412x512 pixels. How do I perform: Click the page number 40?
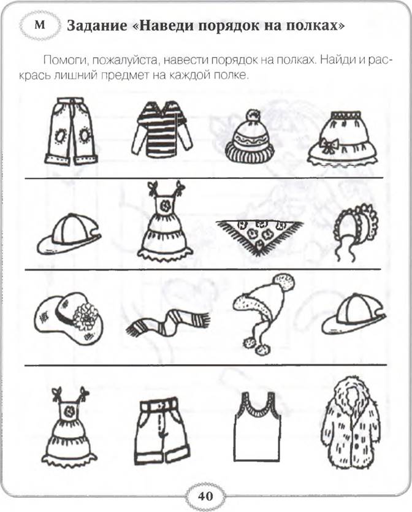pos(205,496)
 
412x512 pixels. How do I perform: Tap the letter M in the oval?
pos(39,25)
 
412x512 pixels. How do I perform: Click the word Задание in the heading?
pos(97,26)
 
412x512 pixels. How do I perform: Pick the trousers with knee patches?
pos(71,131)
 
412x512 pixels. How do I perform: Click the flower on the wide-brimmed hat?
pos(86,315)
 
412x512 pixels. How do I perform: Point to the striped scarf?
pos(168,323)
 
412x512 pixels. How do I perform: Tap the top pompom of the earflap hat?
pos(284,282)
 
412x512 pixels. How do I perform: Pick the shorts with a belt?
pos(162,430)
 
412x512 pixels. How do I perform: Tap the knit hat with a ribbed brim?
pos(250,137)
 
